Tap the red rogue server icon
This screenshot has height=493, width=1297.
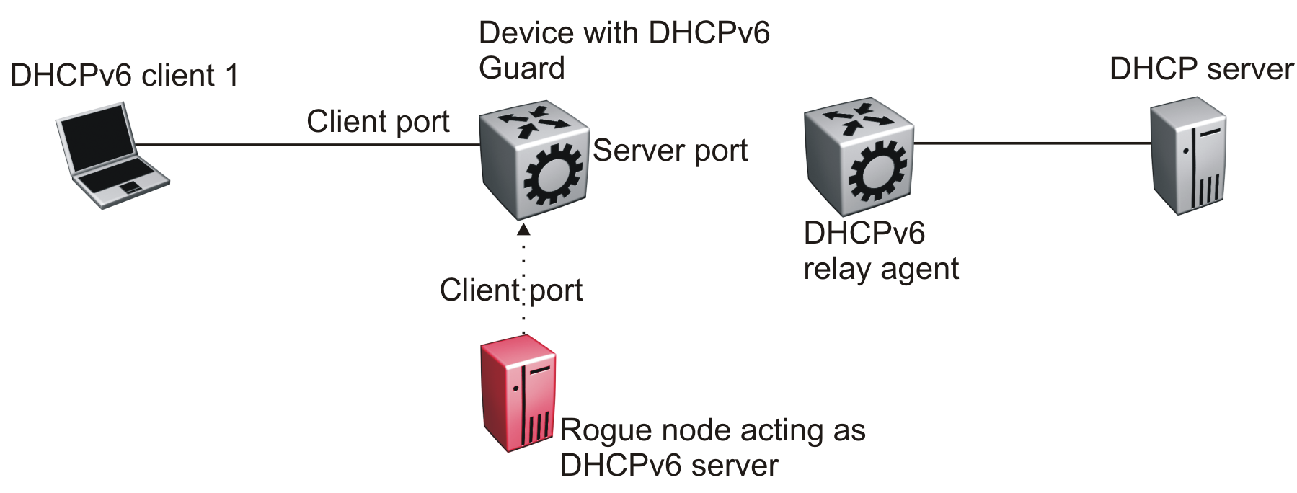pyautogui.click(x=518, y=394)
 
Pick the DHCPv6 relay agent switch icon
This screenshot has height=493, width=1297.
pyautogui.click(x=859, y=157)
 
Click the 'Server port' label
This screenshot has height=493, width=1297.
pyautogui.click(x=670, y=151)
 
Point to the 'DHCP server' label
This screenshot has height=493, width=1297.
pyautogui.click(x=1201, y=69)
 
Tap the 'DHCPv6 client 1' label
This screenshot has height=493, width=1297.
pyautogui.click(x=124, y=76)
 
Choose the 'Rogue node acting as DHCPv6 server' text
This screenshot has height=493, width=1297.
pyautogui.click(x=712, y=448)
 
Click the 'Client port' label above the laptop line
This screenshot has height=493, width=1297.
pyautogui.click(x=378, y=122)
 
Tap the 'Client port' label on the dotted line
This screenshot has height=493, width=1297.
pyautogui.click(x=510, y=290)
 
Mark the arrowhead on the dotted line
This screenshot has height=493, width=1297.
pyautogui.click(x=523, y=229)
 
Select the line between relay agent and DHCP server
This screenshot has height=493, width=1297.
pyautogui.click(x=1031, y=143)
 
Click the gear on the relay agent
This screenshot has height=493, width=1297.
pyautogui.click(x=877, y=172)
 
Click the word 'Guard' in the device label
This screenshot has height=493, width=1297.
pyautogui.click(x=522, y=68)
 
